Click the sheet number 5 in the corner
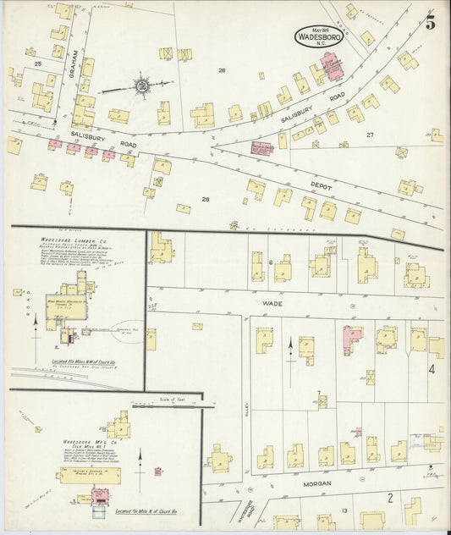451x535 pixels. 430,23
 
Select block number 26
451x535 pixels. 222,70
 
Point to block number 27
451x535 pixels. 369,135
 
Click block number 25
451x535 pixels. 37,63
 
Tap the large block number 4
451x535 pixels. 432,369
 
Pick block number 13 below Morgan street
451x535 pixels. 344,510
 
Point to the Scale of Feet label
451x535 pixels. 171,398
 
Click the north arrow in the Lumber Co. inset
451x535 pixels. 35,330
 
